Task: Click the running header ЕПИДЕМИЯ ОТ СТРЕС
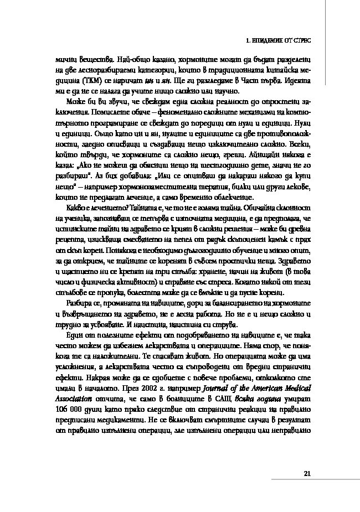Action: pos(283,40)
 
